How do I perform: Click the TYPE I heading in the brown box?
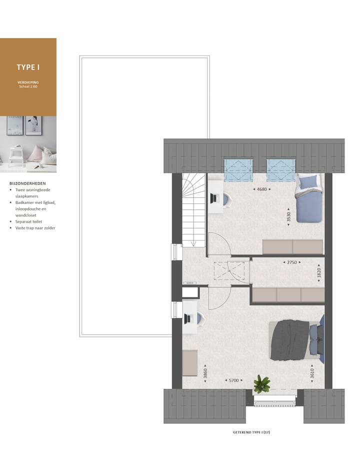(x=28, y=67)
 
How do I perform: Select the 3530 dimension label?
(x=288, y=216)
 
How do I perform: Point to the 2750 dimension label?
(x=291, y=262)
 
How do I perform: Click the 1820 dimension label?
(x=319, y=273)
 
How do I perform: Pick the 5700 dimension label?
(x=233, y=380)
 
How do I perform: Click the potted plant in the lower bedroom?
(x=261, y=383)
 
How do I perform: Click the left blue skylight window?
(x=238, y=170)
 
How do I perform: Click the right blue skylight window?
(x=281, y=170)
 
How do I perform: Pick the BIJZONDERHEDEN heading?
(x=27, y=183)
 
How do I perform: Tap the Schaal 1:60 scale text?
(x=28, y=86)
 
